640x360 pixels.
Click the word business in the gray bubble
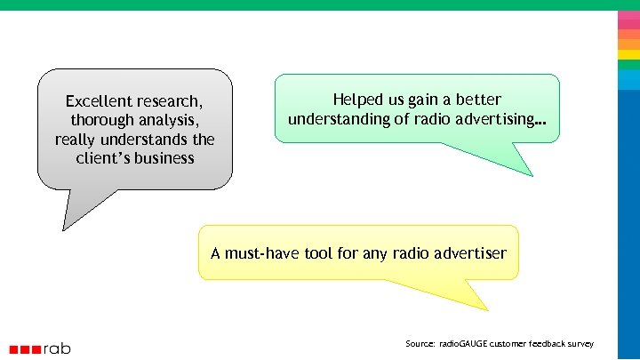164,158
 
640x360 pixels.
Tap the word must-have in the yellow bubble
262,253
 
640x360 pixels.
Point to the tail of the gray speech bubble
76,213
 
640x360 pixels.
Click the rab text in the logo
57,348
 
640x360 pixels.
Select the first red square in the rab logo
14,349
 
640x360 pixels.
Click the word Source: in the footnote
420,343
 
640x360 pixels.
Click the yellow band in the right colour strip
628,54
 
